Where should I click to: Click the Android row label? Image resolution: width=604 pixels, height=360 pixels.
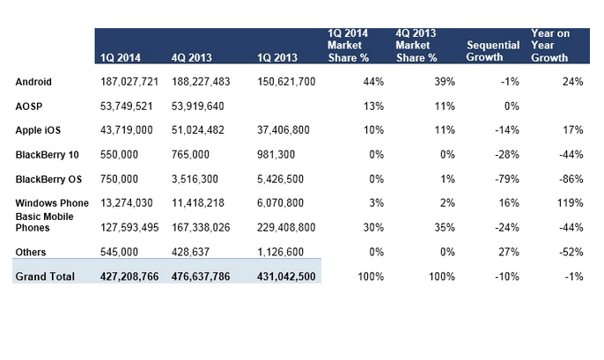click(33, 82)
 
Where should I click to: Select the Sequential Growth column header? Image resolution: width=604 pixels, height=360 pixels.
click(493, 51)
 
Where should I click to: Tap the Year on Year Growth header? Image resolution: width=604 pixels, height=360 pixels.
click(550, 46)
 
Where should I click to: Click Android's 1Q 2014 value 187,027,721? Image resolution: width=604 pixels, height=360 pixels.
click(129, 82)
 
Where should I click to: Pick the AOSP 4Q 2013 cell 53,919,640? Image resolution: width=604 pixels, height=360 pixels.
click(197, 106)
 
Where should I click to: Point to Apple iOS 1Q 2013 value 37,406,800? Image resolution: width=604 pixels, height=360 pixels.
click(284, 130)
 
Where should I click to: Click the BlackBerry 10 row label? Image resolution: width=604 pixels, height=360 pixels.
click(47, 155)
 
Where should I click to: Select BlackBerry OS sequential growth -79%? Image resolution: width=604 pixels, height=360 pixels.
click(507, 179)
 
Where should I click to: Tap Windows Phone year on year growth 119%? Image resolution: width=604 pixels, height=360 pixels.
click(571, 203)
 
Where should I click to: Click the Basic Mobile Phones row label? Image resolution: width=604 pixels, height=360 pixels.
click(44, 222)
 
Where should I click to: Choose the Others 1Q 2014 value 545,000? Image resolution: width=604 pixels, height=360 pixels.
click(119, 252)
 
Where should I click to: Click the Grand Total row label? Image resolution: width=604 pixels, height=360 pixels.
click(45, 276)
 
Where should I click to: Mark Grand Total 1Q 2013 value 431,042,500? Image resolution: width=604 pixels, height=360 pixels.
click(286, 276)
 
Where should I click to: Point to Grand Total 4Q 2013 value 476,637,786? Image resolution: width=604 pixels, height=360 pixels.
click(201, 276)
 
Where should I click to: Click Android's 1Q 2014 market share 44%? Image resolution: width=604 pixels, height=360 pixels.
click(373, 82)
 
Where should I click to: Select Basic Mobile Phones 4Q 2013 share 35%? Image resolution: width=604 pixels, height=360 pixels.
click(445, 228)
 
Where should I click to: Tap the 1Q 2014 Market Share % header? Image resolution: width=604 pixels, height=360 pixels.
click(349, 46)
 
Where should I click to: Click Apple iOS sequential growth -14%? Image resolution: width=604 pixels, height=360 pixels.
click(507, 130)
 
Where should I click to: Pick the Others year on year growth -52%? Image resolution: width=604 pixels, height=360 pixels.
click(571, 252)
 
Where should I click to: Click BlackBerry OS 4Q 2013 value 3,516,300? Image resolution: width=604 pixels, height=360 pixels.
click(195, 179)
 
